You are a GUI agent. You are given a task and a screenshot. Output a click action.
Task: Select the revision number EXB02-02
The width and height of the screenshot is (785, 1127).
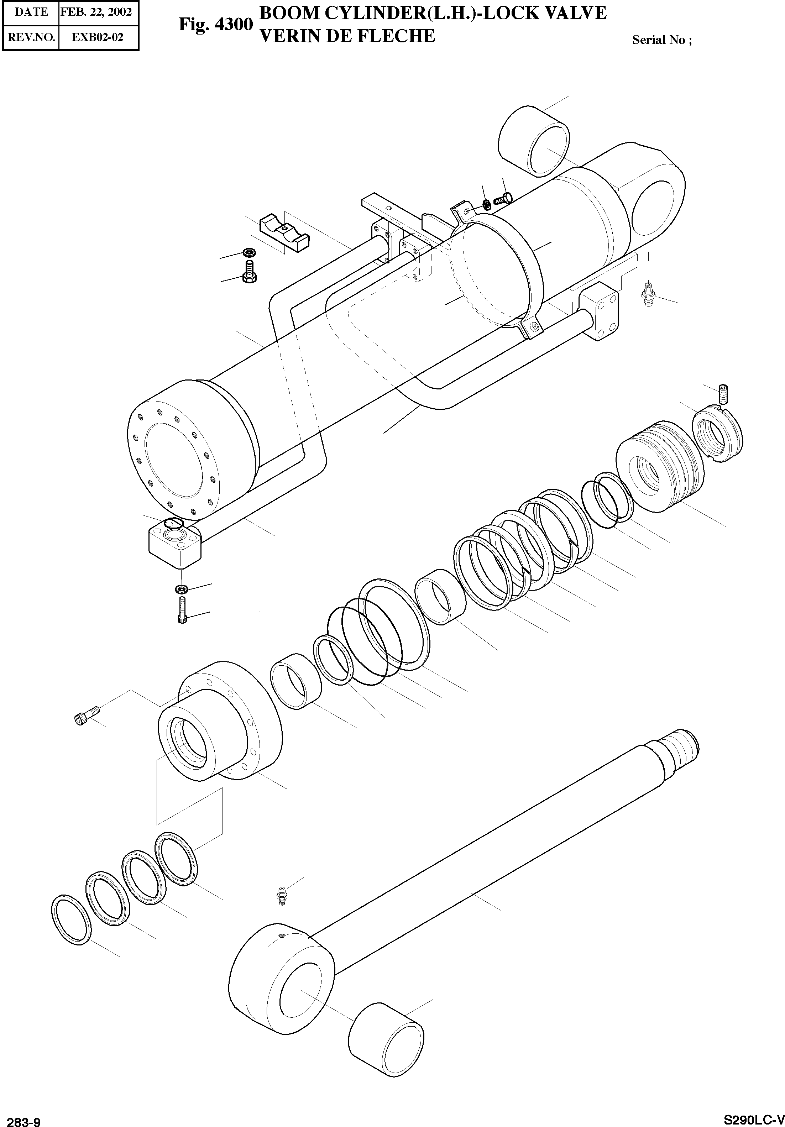(98, 37)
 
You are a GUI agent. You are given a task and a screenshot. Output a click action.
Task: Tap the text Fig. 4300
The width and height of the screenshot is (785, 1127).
(215, 24)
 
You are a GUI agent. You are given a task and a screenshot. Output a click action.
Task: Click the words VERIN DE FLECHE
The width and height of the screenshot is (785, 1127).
(347, 36)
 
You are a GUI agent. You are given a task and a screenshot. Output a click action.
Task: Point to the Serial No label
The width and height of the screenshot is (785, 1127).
(661, 40)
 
